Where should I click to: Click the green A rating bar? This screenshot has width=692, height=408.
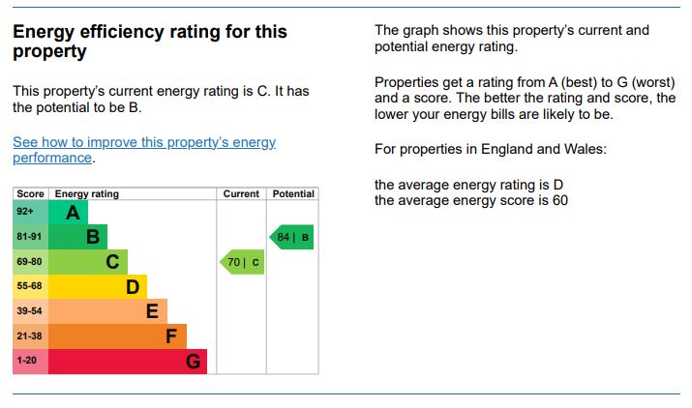click(68, 212)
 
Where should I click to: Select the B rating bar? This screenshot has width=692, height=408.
click(77, 237)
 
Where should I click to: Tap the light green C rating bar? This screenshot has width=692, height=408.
click(88, 262)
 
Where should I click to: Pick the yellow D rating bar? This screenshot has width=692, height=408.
click(98, 286)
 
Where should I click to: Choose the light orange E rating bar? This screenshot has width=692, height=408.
click(107, 311)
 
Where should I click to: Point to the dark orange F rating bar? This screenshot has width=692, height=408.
click(117, 336)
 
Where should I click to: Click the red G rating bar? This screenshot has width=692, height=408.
click(127, 362)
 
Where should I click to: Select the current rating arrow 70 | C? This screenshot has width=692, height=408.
click(242, 262)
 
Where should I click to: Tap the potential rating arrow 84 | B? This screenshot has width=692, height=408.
click(292, 237)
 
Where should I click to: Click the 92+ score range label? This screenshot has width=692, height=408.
click(25, 212)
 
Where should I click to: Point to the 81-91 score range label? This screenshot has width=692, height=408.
click(29, 237)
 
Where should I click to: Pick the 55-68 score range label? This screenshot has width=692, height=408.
click(29, 286)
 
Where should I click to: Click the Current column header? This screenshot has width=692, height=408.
click(241, 193)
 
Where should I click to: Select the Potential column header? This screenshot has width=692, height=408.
click(293, 193)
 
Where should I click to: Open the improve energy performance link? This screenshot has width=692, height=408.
click(144, 150)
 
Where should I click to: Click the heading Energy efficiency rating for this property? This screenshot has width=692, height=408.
click(150, 42)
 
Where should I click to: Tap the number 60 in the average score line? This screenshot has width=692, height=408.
click(559, 201)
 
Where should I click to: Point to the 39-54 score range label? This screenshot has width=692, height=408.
click(29, 311)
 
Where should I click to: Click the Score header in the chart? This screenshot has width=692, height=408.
click(31, 193)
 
